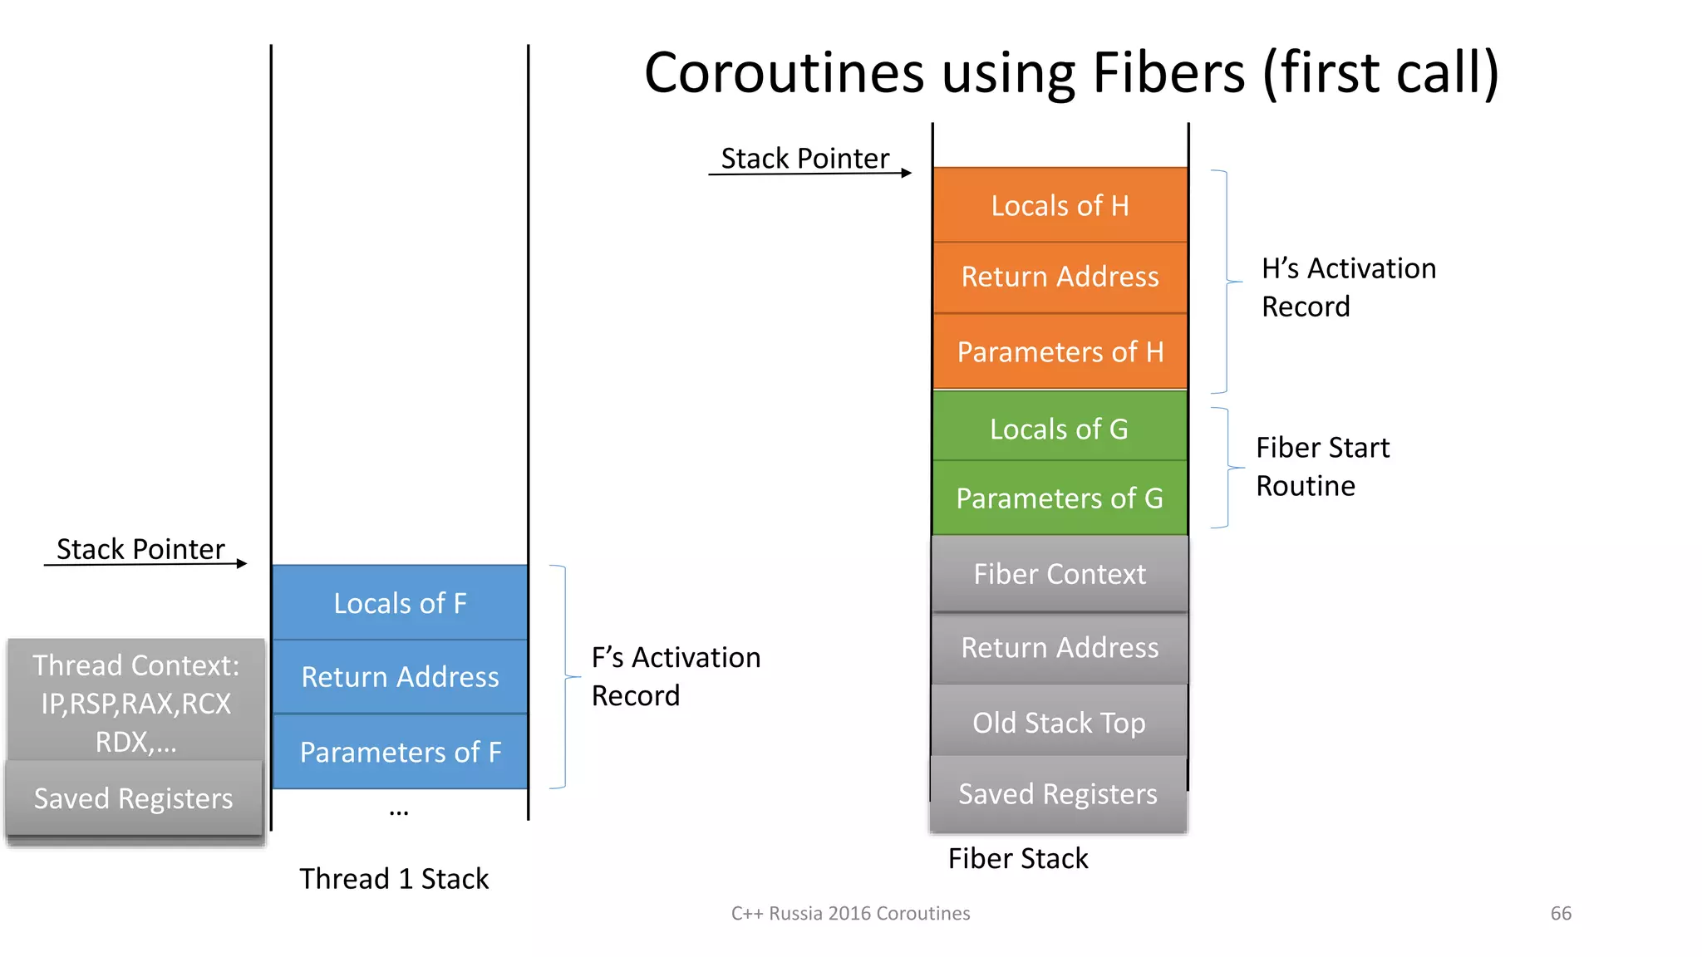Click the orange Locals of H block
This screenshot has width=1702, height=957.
1060,205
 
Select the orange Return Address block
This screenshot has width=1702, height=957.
1060,277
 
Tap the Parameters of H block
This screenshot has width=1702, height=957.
1060,351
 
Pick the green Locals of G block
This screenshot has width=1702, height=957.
1060,429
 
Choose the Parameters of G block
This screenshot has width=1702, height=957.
1060,498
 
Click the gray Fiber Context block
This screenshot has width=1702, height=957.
1060,574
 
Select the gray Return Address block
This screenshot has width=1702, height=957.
1060,648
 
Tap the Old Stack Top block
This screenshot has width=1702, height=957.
1060,723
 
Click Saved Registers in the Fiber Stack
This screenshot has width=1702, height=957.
1058,794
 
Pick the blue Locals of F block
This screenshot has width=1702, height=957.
400,603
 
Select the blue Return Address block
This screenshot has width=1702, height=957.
400,677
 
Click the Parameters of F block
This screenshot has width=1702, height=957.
400,752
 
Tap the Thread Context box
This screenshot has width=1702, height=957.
136,702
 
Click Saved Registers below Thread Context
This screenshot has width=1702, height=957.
134,798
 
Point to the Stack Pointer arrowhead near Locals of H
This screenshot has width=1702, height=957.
907,173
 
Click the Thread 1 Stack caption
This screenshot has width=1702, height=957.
394,879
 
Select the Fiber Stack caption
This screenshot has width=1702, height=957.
1018,858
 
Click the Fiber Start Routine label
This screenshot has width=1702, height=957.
1321,467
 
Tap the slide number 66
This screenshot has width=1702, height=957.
1561,913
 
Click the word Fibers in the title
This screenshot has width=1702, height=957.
1168,72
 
